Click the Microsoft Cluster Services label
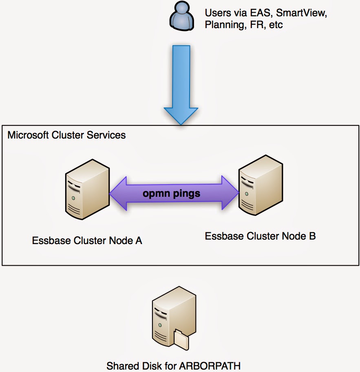[66, 135]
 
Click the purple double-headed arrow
[174, 193]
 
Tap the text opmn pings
[171, 193]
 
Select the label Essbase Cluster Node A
[87, 240]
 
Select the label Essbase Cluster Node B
[260, 236]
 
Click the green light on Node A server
[73, 198]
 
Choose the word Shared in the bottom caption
[120, 365]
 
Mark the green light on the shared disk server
[160, 325]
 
